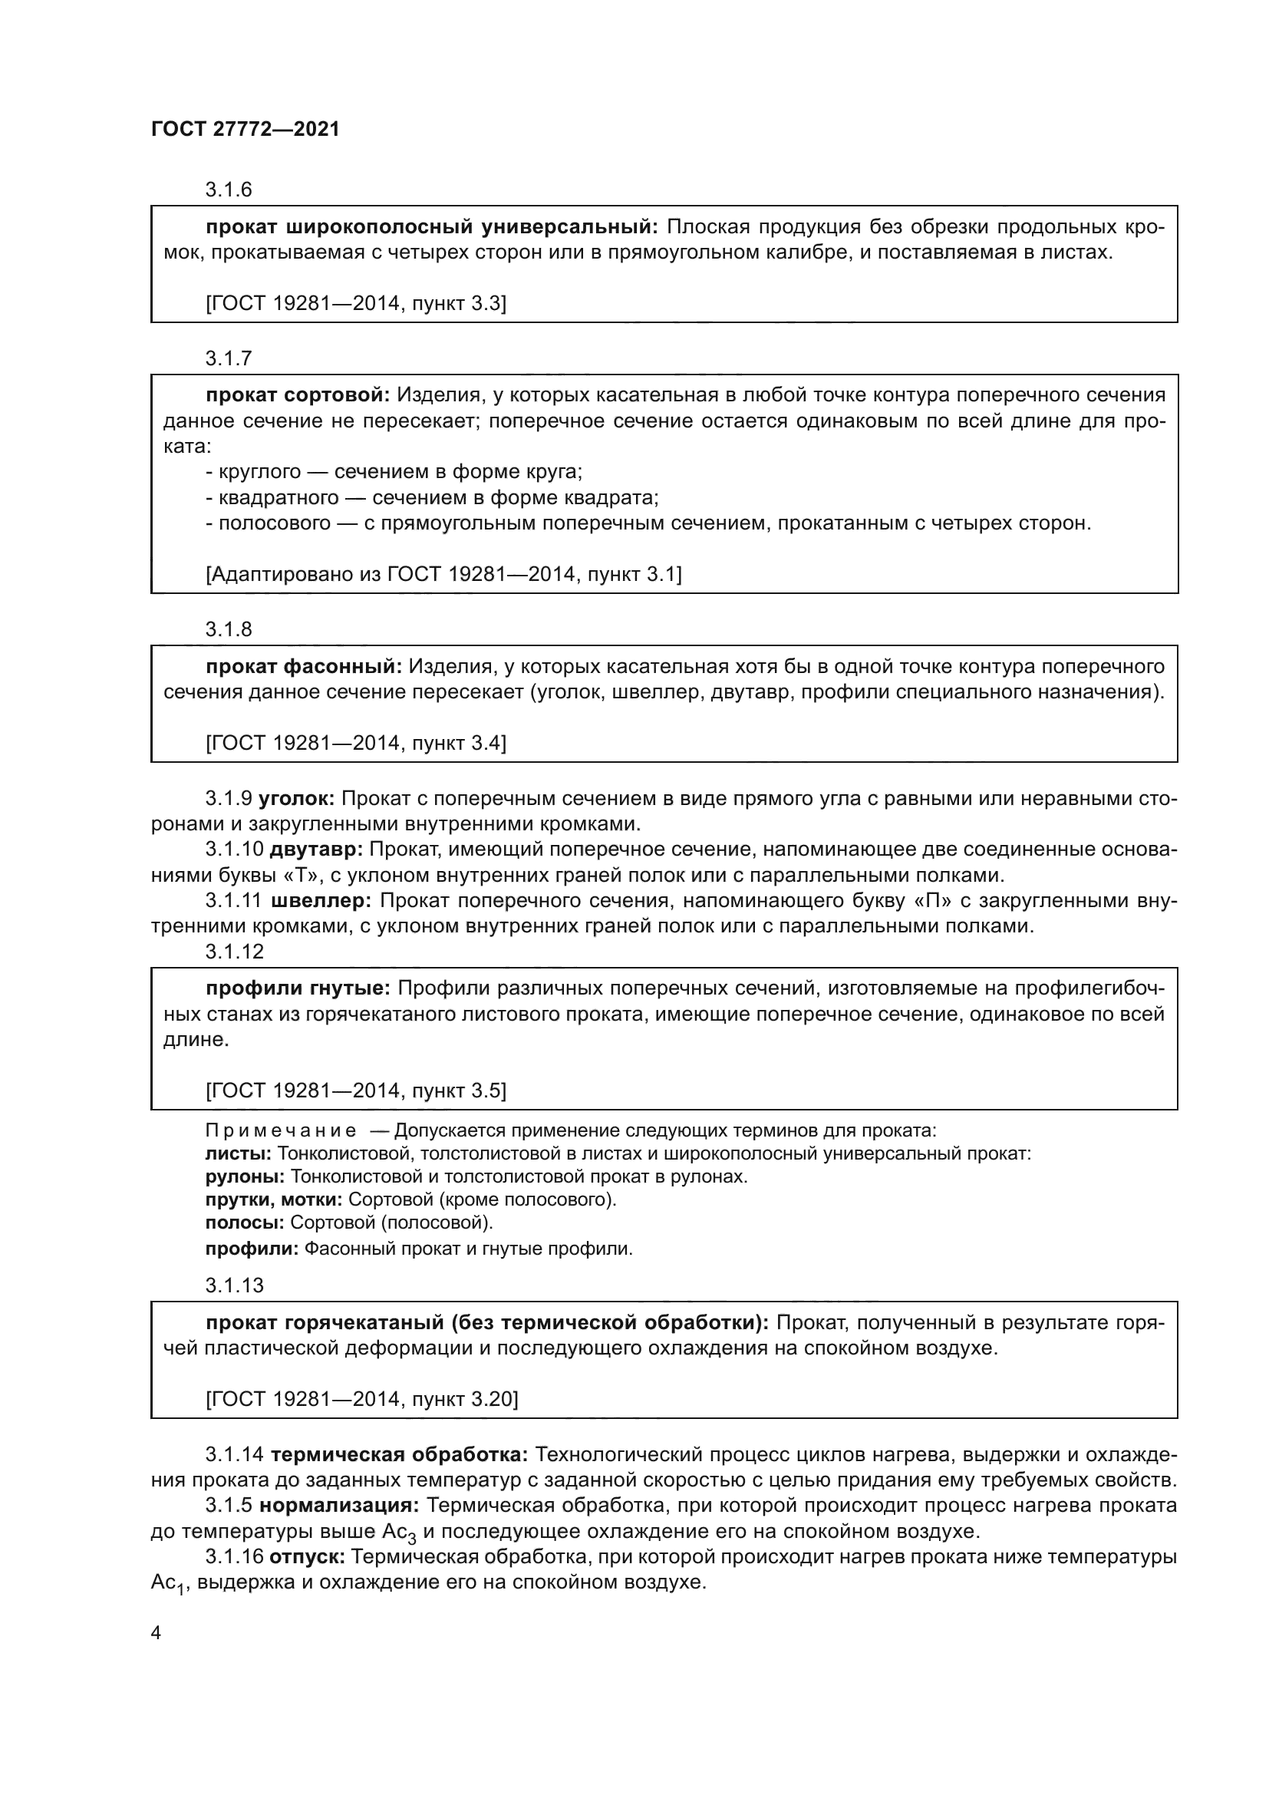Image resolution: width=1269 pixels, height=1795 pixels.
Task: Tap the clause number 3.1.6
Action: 228,190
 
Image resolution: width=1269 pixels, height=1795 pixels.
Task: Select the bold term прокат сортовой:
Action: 298,395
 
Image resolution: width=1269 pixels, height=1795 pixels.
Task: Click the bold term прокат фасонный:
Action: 304,666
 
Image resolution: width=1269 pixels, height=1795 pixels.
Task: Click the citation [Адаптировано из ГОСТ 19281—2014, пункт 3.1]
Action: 443,575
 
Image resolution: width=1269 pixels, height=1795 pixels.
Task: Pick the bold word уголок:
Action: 296,798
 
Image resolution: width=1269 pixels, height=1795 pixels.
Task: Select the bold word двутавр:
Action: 315,849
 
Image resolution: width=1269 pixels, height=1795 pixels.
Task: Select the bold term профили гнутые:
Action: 298,988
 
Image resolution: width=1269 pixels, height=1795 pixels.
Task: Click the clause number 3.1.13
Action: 235,1285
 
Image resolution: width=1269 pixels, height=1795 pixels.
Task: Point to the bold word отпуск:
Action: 307,1556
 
